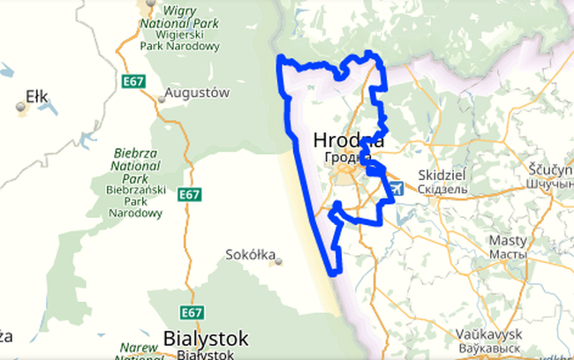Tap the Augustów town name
pos(199,92)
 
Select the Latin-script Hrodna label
pos(348,141)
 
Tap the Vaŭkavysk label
pos(490,334)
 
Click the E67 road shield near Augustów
pos(133,80)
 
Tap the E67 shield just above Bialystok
pos(192,312)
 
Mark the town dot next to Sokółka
pos(276,260)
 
